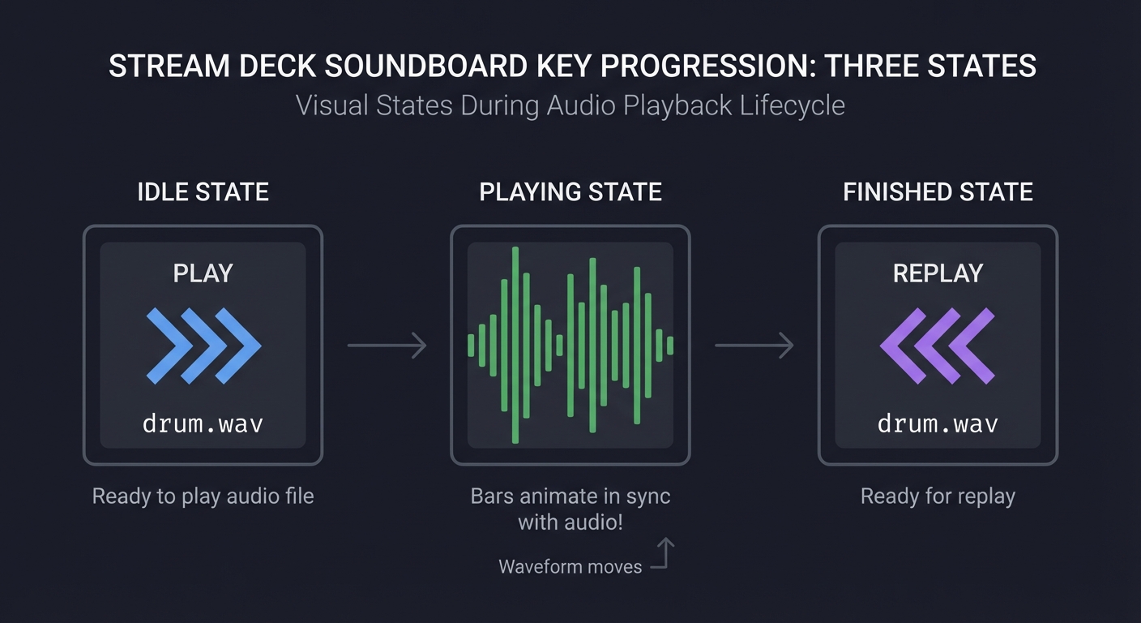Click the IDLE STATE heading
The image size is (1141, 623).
pyautogui.click(x=203, y=192)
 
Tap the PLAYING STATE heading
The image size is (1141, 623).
pyautogui.click(x=570, y=192)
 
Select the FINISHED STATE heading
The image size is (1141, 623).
pyautogui.click(x=938, y=192)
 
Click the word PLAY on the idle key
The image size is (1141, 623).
pyautogui.click(x=203, y=273)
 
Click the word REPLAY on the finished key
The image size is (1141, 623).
pyautogui.click(x=938, y=273)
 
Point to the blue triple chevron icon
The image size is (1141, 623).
pyautogui.click(x=203, y=346)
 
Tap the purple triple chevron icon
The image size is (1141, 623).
pyautogui.click(x=938, y=346)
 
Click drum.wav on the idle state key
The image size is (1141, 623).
pyautogui.click(x=203, y=423)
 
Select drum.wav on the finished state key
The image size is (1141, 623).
pyautogui.click(x=938, y=423)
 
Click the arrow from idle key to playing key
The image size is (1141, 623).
pyautogui.click(x=387, y=346)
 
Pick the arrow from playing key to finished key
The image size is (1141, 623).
pyautogui.click(x=754, y=346)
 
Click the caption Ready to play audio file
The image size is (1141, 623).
pyautogui.click(x=203, y=496)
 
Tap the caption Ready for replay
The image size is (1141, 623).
pyautogui.click(x=938, y=496)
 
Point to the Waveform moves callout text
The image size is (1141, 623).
pyautogui.click(x=570, y=566)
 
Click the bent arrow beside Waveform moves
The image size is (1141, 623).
pyautogui.click(x=664, y=556)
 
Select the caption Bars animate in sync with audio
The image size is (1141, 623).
pyautogui.click(x=570, y=509)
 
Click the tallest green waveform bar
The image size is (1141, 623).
pyautogui.click(x=515, y=346)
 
